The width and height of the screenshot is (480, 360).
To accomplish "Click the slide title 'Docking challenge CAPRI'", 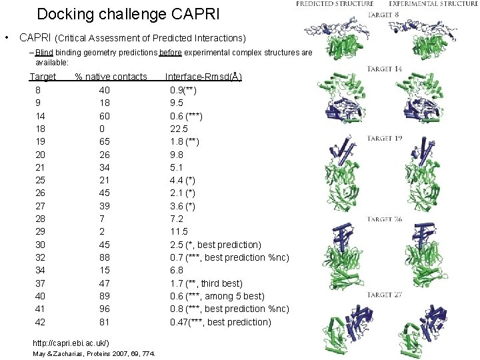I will pyautogui.click(x=127, y=14).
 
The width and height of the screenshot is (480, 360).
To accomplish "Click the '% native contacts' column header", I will pyautogui.click(x=111, y=77).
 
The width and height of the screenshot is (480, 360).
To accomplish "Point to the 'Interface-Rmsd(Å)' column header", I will pyautogui.click(x=203, y=77).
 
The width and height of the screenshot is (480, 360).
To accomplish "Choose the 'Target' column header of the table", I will pyautogui.click(x=43, y=77).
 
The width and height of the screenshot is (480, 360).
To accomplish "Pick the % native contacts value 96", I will pyautogui.click(x=105, y=309).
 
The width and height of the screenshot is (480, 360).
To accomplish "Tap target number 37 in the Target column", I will pyautogui.click(x=40, y=283).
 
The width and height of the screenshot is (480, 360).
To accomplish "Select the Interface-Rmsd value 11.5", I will pyautogui.click(x=179, y=232).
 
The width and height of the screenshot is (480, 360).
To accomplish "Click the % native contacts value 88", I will pyautogui.click(x=105, y=257).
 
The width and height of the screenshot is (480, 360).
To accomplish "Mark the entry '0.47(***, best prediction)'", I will pyautogui.click(x=221, y=322).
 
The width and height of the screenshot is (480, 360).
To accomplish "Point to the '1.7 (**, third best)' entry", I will pyautogui.click(x=206, y=283).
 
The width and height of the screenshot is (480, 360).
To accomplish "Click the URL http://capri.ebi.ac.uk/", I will pyautogui.click(x=71, y=343).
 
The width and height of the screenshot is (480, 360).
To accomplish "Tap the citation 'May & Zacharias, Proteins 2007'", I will pyautogui.click(x=93, y=353).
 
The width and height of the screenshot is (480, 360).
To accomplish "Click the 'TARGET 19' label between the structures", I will pyautogui.click(x=385, y=139).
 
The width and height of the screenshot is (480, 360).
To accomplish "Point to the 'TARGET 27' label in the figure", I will pyautogui.click(x=385, y=294).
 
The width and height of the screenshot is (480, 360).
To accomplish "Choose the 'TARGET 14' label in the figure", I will pyautogui.click(x=385, y=69).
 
